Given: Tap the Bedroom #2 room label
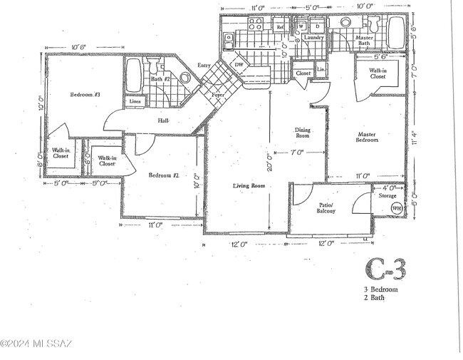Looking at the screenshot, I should click(x=163, y=175).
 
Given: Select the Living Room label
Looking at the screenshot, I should click(x=249, y=186).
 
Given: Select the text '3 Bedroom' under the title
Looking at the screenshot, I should click(x=380, y=289).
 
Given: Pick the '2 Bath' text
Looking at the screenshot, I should click(x=374, y=298).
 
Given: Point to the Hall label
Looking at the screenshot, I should click(x=163, y=121).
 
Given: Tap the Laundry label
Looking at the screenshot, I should click(x=314, y=38).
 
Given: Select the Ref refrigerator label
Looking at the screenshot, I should click(x=280, y=27).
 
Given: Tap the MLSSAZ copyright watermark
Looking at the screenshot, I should click(x=36, y=345).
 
